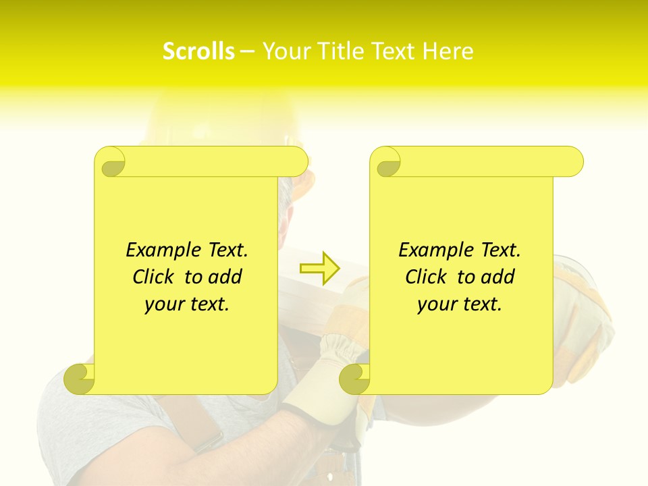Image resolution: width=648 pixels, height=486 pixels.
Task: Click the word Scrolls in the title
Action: pos(198,51)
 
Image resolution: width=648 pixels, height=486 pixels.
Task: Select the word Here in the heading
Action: pos(448,51)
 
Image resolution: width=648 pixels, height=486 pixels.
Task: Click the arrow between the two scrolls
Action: pos(320,269)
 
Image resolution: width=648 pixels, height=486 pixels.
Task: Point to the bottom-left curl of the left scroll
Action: pos(80,378)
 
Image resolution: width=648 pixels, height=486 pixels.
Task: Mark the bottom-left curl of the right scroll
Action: pos(354,379)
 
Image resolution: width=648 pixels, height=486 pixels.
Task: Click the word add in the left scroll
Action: pos(226,277)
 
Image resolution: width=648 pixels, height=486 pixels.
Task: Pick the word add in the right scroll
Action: pos(499,277)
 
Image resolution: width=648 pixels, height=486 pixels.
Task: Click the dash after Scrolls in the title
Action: pos(248,52)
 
